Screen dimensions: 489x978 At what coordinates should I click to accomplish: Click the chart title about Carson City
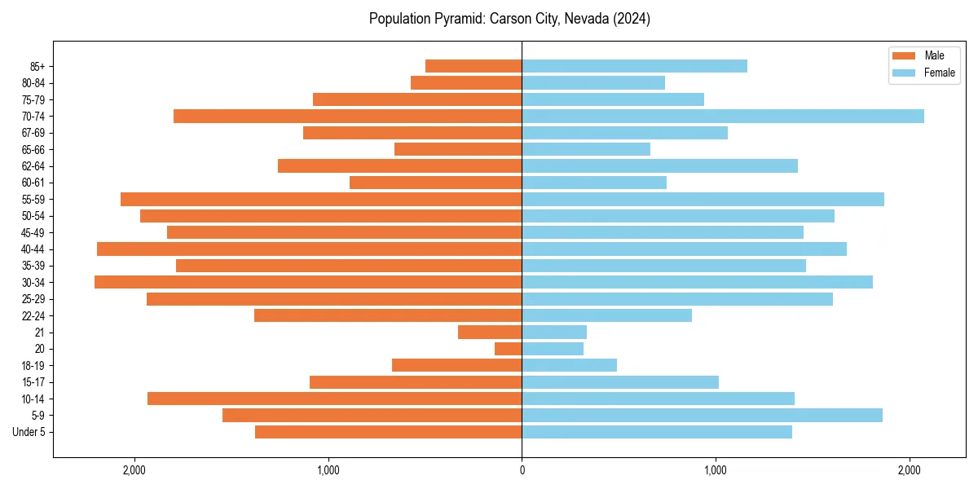(509, 19)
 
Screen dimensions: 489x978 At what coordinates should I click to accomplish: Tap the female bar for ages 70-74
(723, 116)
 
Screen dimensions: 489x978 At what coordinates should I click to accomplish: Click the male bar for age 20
(509, 349)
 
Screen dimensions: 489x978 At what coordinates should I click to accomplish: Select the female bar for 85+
(634, 66)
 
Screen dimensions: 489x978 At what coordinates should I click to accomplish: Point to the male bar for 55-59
(321, 199)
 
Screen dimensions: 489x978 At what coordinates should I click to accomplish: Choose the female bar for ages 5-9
(702, 415)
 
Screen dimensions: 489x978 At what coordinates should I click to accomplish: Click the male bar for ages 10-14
(334, 399)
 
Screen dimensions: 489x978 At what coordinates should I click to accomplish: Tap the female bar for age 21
(554, 332)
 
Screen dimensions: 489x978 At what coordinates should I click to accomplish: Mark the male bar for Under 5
(388, 432)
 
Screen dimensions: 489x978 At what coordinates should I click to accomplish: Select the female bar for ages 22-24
(606, 315)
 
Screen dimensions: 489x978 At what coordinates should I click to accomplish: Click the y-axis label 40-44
(33, 249)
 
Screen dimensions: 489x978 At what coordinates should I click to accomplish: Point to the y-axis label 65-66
(33, 149)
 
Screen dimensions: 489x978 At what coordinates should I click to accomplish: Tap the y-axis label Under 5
(29, 432)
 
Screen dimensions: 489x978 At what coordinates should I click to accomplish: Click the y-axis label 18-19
(33, 365)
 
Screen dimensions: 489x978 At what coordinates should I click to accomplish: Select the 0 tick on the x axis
(522, 470)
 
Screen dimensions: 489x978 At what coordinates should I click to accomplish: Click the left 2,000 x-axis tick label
(134, 470)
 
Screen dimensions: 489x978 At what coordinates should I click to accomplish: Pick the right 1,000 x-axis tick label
(716, 470)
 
